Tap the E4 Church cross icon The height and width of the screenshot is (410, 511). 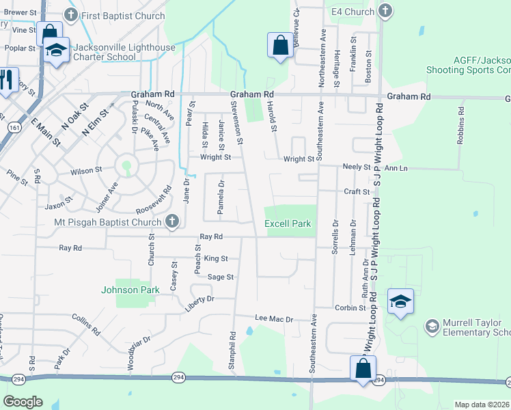point(385,11)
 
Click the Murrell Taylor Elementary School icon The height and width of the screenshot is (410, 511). point(431,327)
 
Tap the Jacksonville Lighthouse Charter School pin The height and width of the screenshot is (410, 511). point(56,50)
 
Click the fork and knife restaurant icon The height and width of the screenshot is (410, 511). point(8,79)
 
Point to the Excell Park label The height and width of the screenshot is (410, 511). point(288,223)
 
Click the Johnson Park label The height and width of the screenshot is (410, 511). point(130,290)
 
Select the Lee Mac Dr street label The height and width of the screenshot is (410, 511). point(274,319)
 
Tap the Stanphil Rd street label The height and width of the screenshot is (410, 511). point(233,346)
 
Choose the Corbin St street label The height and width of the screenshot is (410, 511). point(350,308)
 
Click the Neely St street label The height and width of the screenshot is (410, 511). point(356,167)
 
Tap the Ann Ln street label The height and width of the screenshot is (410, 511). point(396,167)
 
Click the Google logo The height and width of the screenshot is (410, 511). point(23,402)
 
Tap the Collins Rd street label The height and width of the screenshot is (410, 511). point(87,325)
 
